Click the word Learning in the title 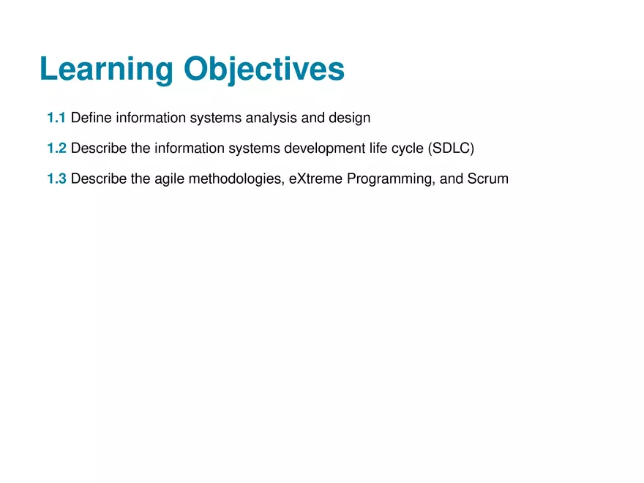pyautogui.click(x=107, y=70)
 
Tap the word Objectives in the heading pyautogui.click(x=264, y=70)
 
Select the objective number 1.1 pyautogui.click(x=56, y=117)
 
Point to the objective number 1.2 pyautogui.click(x=56, y=148)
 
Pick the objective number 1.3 pyautogui.click(x=56, y=179)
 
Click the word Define pyautogui.click(x=91, y=117)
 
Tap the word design pyautogui.click(x=350, y=117)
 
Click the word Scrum pyautogui.click(x=487, y=179)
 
